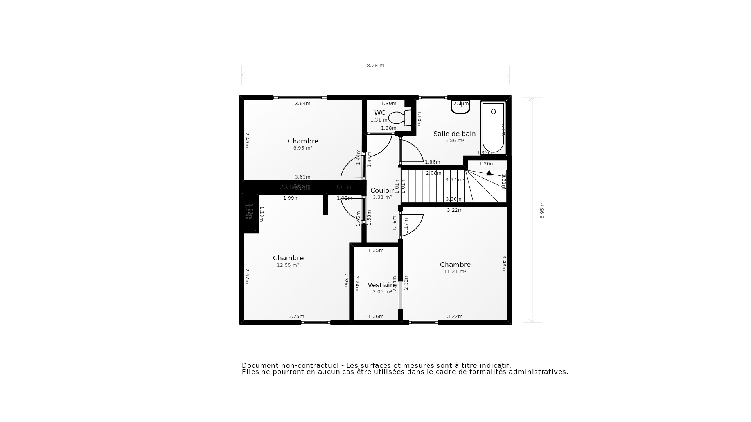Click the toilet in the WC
tap(400, 117)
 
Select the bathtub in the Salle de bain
tap(493, 128)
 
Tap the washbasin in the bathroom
tap(460, 107)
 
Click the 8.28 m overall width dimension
tap(375, 66)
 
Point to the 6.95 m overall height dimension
tap(542, 210)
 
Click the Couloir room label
tap(382, 190)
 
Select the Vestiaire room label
tap(382, 285)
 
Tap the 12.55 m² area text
tap(288, 265)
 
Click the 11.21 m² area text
tap(455, 272)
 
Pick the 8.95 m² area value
tap(303, 148)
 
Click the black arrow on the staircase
tap(489, 173)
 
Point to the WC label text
tap(380, 113)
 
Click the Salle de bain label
tap(454, 134)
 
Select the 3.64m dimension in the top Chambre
tap(302, 104)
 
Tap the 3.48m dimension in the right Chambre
tap(504, 263)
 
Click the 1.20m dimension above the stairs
tap(487, 164)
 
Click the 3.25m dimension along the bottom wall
tap(296, 316)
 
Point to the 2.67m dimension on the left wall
tap(247, 276)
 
